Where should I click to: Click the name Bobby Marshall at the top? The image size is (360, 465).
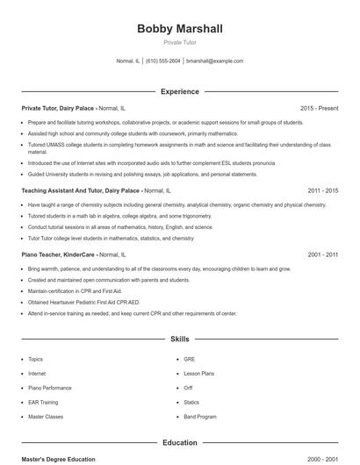[x=179, y=29]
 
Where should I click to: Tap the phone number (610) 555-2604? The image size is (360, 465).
[x=162, y=61]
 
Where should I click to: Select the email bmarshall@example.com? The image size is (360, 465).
[x=214, y=61]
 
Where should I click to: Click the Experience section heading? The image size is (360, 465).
[x=179, y=91]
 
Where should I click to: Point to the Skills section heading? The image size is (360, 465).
[x=179, y=338]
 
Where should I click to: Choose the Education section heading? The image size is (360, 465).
[x=179, y=443]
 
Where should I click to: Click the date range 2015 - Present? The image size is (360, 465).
[x=319, y=108]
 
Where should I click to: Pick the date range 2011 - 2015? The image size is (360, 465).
[x=322, y=190]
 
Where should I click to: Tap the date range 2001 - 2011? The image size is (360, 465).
[x=322, y=254]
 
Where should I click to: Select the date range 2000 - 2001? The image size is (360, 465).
[x=322, y=459]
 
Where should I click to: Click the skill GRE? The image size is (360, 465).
[x=189, y=359]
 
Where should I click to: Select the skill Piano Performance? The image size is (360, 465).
[x=50, y=388]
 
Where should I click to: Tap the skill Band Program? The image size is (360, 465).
[x=200, y=417]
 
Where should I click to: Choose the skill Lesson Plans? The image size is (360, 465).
[x=199, y=374]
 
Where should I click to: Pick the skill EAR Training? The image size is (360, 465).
[x=45, y=402]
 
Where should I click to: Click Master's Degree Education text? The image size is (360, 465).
[x=58, y=459]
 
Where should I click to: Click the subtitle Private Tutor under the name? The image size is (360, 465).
[x=179, y=43]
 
